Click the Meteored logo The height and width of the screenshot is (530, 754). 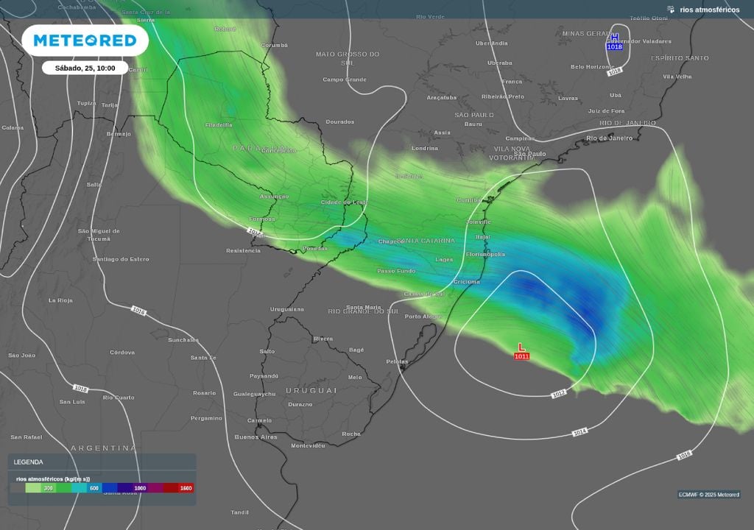click(85, 40)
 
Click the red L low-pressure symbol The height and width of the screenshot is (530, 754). click(521, 347)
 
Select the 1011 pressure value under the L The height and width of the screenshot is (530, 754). click(521, 356)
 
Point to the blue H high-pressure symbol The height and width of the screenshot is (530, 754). click(614, 38)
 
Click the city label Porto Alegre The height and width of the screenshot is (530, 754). click(423, 317)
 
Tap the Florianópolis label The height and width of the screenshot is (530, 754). click(485, 254)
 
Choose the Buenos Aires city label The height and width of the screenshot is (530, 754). click(256, 437)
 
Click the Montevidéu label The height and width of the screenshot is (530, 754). click(308, 445)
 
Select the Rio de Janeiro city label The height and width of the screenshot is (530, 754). click(609, 138)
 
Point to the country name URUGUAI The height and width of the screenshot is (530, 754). click(311, 389)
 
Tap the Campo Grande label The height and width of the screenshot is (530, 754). click(344, 79)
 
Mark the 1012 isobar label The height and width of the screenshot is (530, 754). click(559, 394)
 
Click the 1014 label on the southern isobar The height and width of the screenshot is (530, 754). click(579, 432)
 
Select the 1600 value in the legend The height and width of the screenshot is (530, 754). click(186, 487)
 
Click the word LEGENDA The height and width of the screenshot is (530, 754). click(28, 462)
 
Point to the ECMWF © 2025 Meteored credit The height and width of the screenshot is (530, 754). click(708, 494)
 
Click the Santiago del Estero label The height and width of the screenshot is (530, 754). click(121, 259)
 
